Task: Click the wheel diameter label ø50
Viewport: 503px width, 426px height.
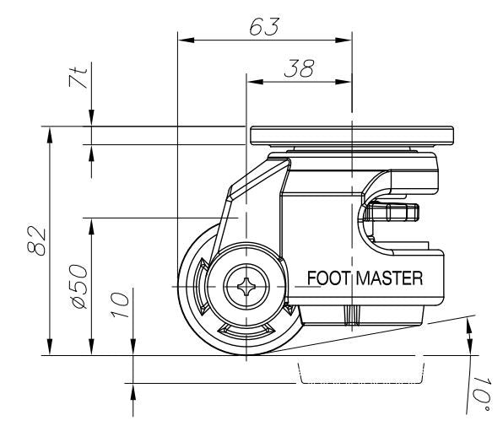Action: [x=78, y=287]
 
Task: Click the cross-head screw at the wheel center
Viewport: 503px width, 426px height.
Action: [x=246, y=288]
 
